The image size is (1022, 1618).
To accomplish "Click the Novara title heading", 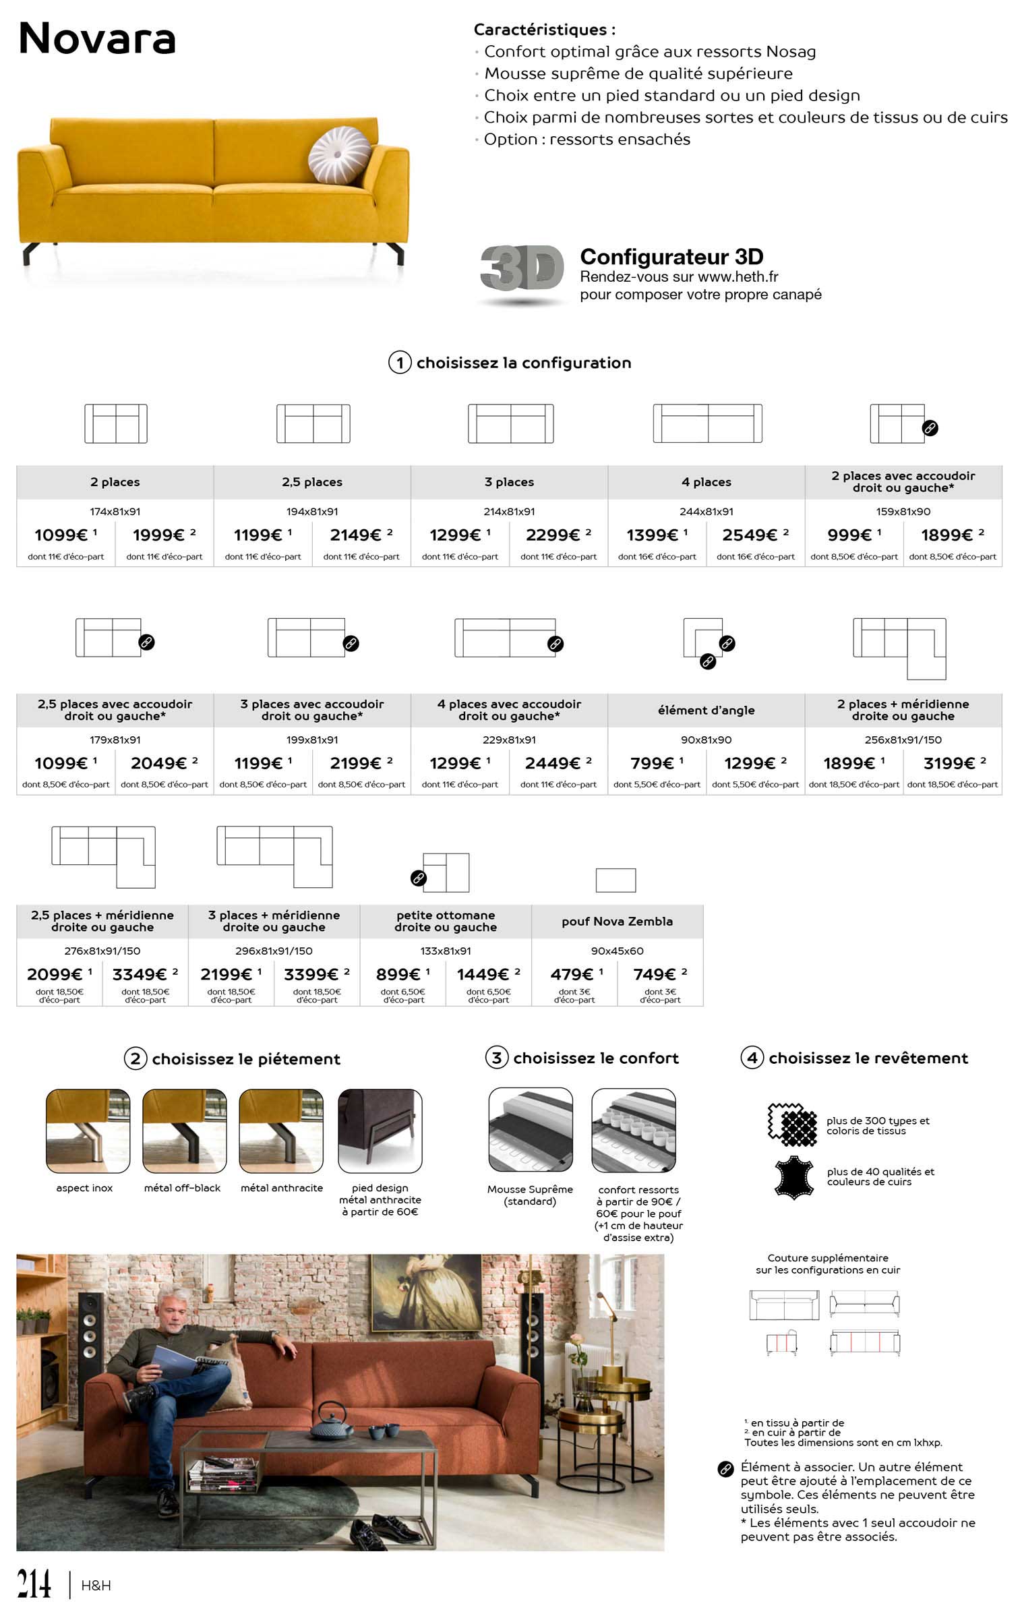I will (97, 38).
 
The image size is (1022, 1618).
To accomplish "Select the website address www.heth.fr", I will (738, 276).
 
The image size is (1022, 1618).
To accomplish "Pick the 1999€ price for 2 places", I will (159, 535).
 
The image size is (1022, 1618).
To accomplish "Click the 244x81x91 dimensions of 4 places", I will (706, 512).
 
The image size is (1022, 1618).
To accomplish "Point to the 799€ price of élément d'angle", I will (652, 763).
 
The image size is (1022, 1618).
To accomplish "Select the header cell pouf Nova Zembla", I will (617, 922).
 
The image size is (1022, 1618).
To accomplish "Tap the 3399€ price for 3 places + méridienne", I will (311, 974).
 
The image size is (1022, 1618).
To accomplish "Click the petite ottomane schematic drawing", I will (446, 872).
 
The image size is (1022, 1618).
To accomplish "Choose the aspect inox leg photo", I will (88, 1131).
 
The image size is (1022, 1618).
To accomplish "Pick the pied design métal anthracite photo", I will (380, 1131).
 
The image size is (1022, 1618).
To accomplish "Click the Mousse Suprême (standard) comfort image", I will (531, 1129).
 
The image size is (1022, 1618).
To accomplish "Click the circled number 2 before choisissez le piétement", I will (135, 1058).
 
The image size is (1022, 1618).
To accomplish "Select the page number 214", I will (34, 1584).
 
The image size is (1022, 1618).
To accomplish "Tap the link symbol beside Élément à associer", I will (725, 1469).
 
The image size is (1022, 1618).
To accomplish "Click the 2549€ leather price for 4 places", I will (749, 535).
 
